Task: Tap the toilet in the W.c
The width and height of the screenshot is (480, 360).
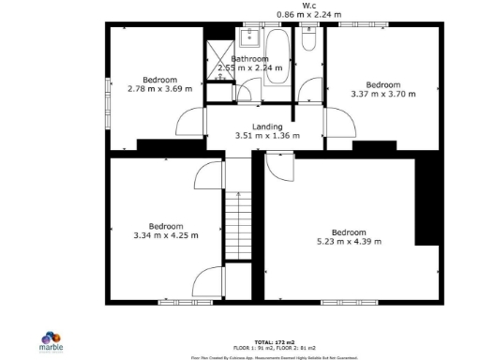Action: (309, 42)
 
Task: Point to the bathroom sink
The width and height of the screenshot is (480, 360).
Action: (249, 37)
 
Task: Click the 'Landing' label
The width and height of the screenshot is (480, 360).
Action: (267, 127)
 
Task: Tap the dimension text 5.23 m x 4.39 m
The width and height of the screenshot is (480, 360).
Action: (348, 242)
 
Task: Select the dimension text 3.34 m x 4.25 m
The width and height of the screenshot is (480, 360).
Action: (166, 235)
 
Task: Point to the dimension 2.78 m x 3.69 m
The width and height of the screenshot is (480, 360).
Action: (160, 89)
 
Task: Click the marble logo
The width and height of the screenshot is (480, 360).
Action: (52, 340)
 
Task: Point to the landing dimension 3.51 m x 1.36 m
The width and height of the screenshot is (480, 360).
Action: (267, 136)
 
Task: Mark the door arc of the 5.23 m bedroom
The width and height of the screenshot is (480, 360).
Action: (279, 166)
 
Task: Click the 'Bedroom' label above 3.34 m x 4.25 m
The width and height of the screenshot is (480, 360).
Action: (166, 226)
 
